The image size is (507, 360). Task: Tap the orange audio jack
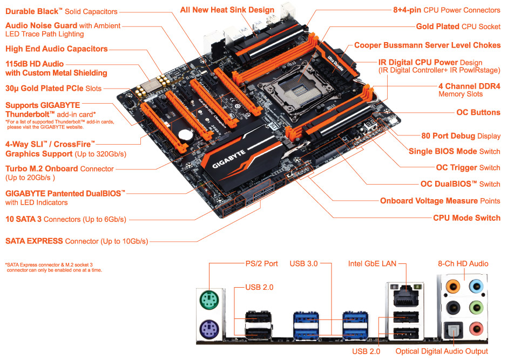453,286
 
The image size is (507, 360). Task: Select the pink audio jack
476,329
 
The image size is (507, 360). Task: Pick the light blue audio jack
476,286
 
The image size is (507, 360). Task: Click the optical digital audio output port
453,330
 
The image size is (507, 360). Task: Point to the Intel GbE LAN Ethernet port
406,296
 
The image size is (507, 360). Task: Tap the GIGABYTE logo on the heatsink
229,159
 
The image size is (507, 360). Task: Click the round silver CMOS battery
186,135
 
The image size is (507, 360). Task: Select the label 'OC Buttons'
478,112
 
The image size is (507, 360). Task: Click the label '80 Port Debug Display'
461,135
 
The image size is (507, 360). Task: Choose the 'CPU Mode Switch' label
467,218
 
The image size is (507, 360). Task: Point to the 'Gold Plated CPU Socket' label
458,26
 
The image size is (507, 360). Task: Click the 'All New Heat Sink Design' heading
227,10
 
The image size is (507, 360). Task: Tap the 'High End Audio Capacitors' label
57,49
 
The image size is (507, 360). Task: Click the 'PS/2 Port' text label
261,264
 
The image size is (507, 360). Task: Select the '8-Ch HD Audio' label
463,264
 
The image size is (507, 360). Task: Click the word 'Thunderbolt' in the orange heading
28,114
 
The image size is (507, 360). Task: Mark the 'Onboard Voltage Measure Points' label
440,201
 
